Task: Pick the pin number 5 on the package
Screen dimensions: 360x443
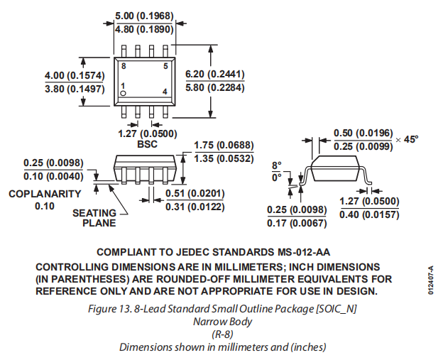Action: tap(165, 65)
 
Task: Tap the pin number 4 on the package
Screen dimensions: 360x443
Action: tap(165, 92)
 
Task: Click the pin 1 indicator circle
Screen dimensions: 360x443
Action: tap(123, 94)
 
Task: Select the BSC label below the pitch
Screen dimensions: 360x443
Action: tap(146, 144)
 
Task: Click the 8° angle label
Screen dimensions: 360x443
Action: tap(277, 165)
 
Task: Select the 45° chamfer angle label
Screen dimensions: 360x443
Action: tap(412, 139)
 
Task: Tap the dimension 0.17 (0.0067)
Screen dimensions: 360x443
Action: tap(296, 224)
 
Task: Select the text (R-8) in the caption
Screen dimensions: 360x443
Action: tap(221, 334)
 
